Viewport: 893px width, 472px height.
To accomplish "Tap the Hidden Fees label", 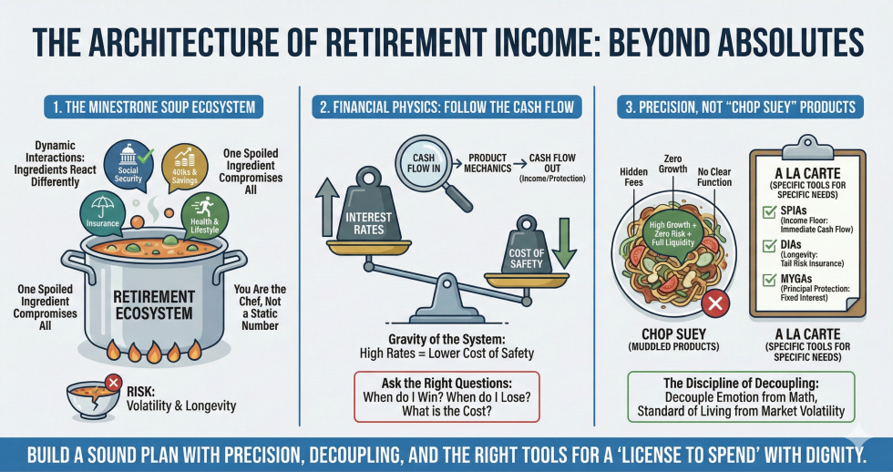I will pyautogui.click(x=632, y=176).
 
